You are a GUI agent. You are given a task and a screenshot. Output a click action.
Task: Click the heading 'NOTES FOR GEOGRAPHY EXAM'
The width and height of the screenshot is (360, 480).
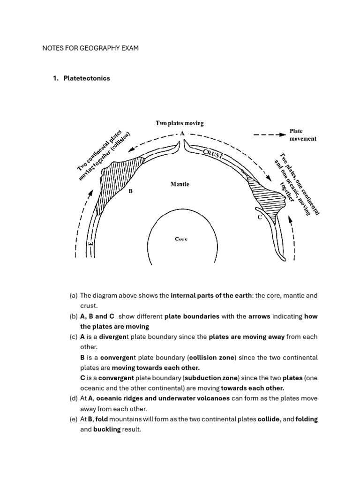(90, 48)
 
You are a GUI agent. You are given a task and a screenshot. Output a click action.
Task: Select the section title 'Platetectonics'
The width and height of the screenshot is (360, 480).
(87, 78)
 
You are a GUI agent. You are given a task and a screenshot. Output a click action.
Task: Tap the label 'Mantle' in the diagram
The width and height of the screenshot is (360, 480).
(180, 184)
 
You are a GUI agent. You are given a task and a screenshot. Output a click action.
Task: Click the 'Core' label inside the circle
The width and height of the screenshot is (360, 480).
(181, 239)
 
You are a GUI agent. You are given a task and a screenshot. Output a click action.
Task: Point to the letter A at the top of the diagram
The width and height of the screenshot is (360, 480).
(181, 133)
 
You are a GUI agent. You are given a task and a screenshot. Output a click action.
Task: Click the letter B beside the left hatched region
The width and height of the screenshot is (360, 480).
(131, 191)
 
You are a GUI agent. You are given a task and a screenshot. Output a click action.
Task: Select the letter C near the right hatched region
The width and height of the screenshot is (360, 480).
(259, 217)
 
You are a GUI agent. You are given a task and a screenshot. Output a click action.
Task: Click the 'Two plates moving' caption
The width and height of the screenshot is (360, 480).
(180, 123)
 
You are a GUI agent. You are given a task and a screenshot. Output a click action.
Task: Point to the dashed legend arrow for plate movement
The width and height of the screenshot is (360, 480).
(269, 135)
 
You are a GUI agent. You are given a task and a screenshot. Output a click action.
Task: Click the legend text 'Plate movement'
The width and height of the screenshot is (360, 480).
(302, 135)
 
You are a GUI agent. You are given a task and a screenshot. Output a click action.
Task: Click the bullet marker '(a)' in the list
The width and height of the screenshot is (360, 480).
(73, 296)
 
